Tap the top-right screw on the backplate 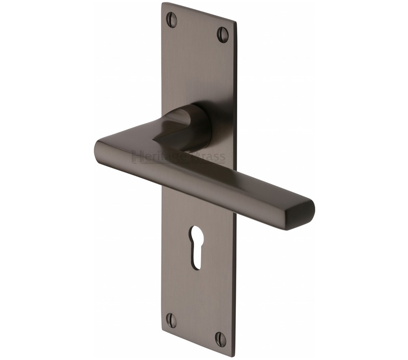click(223, 35)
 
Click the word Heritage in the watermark click(154, 158)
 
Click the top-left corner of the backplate click(163, 4)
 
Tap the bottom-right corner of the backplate click(231, 356)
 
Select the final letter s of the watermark click(222, 158)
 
